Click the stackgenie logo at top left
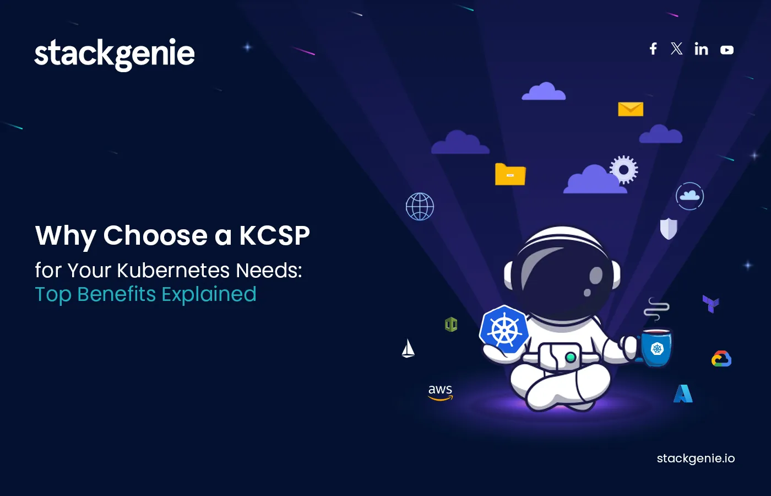[115, 53]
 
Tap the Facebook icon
[653, 49]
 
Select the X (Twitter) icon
[677, 49]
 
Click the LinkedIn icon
[701, 49]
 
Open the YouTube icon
[727, 50]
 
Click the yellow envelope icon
[631, 109]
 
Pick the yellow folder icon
[510, 175]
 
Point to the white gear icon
[624, 170]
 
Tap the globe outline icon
[420, 207]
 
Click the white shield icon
[669, 228]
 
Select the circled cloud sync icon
[689, 196]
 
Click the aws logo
[441, 392]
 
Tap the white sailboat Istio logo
[408, 349]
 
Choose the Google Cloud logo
[721, 359]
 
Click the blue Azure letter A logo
[683, 393]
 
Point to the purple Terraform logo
[711, 304]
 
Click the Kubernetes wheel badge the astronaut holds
[504, 330]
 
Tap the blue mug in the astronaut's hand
[656, 348]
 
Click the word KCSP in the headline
[274, 236]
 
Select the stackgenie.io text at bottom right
[696, 459]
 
